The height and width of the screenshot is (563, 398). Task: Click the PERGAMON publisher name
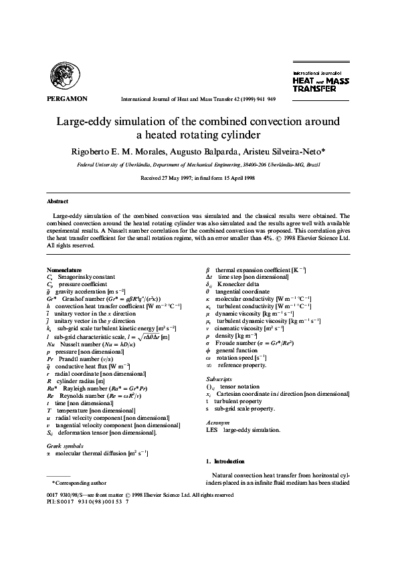click(x=67, y=98)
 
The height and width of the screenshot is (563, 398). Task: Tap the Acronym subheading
click(x=217, y=423)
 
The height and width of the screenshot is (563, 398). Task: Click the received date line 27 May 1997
click(x=198, y=179)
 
